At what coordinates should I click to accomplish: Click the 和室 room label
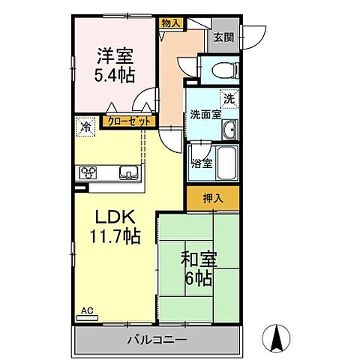coord(198,259)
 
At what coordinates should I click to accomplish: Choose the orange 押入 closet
coord(213,198)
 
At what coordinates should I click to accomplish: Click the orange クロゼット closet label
coord(129,119)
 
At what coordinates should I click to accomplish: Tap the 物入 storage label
coord(171,23)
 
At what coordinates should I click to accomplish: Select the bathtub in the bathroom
coord(226,161)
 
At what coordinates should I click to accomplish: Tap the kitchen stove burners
coord(89,172)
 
